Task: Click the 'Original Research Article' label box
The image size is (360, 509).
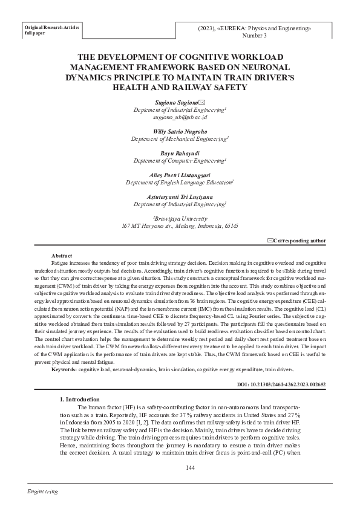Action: [51, 30]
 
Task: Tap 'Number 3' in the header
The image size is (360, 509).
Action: [254, 36]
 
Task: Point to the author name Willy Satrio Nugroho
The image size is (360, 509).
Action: [180, 131]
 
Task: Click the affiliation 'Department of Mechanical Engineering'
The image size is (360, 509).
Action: [180, 138]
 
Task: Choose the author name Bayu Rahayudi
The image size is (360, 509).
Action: [180, 153]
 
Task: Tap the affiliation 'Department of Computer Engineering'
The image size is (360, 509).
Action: [180, 160]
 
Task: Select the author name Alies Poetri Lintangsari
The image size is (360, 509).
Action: [180, 175]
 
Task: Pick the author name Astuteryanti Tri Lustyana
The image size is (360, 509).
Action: [180, 196]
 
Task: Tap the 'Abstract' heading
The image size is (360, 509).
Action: [62, 256]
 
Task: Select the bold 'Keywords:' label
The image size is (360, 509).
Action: [64, 369]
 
